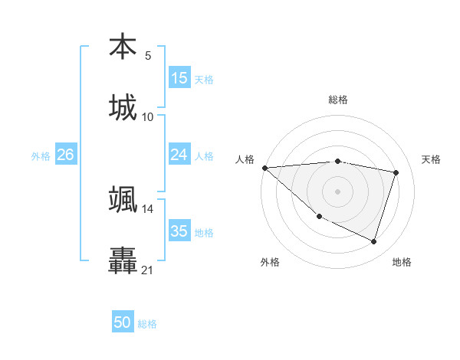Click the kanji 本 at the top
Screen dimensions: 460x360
pyautogui.click(x=123, y=47)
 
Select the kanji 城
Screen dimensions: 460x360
pyautogui.click(x=123, y=107)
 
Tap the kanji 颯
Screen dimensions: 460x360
pyautogui.click(x=123, y=199)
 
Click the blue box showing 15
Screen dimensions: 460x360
pyautogui.click(x=179, y=78)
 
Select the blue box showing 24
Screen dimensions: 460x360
pyautogui.click(x=179, y=155)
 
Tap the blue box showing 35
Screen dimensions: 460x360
pyautogui.click(x=179, y=231)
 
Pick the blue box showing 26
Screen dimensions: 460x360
pyautogui.click(x=65, y=155)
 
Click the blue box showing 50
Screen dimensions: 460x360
pyautogui.click(x=123, y=322)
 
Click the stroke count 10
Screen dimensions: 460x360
pyautogui.click(x=148, y=116)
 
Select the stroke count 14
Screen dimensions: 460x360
pyautogui.click(x=148, y=208)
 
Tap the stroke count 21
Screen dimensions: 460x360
pyautogui.click(x=148, y=270)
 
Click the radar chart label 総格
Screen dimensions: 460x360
pyautogui.click(x=338, y=100)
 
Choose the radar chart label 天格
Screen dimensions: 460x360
pyautogui.click(x=432, y=159)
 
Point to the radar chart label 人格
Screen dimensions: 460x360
pyautogui.click(x=245, y=159)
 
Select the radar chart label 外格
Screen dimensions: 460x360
pyautogui.click(x=270, y=262)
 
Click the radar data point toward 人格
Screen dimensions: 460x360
pyautogui.click(x=264, y=168)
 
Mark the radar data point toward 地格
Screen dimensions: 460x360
pyautogui.click(x=373, y=242)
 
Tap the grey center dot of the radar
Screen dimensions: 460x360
pyautogui.click(x=338, y=191)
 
